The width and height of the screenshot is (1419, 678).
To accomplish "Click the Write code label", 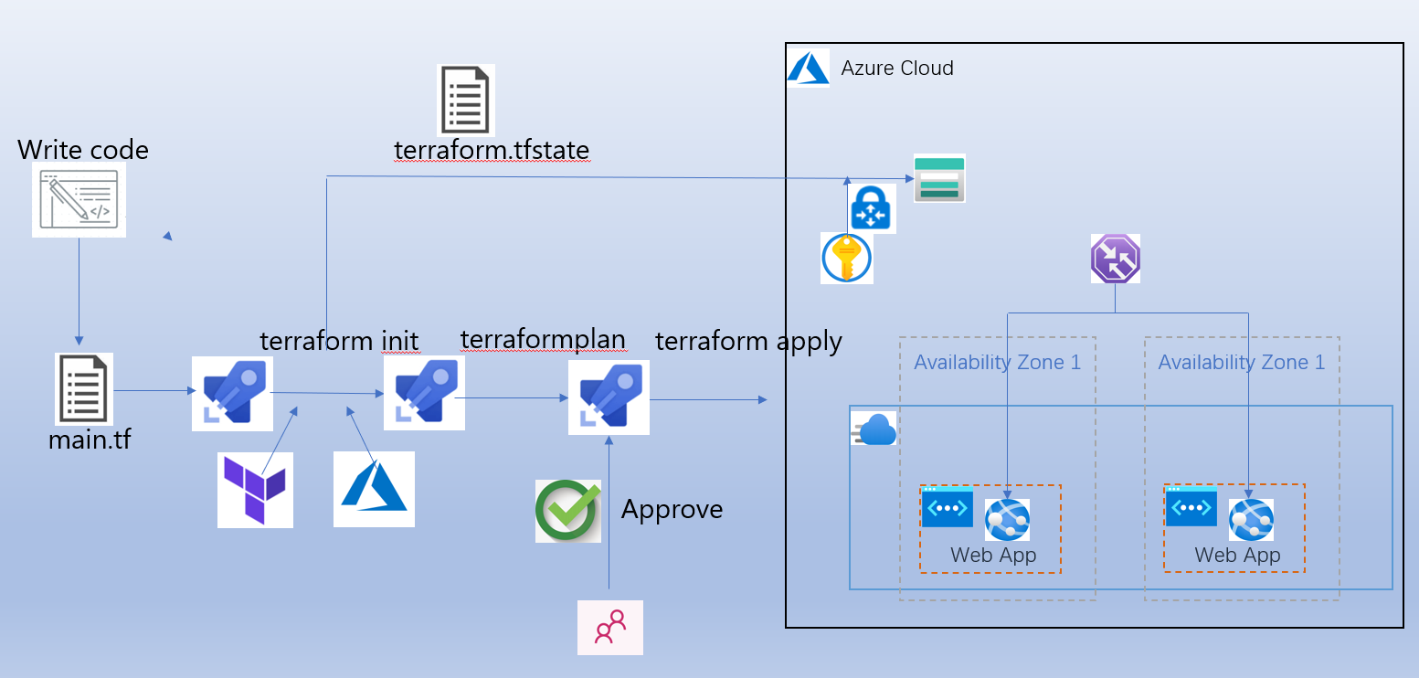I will pyautogui.click(x=83, y=150).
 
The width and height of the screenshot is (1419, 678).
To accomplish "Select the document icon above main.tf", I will pyautogui.click(x=83, y=388).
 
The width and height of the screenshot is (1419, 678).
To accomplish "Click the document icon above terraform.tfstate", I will pyautogui.click(x=465, y=100).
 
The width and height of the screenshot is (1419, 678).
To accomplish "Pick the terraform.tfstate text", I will pyautogui.click(x=492, y=150).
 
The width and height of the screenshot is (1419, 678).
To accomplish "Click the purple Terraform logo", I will pyautogui.click(x=255, y=490).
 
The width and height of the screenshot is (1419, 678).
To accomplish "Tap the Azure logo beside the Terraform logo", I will pyautogui.click(x=374, y=489).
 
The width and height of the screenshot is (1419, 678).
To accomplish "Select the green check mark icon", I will pyautogui.click(x=567, y=511).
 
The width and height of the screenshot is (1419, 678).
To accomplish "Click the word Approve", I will pyautogui.click(x=672, y=509).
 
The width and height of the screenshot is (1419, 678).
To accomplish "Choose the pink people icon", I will pyautogui.click(x=609, y=628).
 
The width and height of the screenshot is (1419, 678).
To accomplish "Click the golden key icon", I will pyautogui.click(x=847, y=259).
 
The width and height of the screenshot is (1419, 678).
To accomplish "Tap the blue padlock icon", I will pyautogui.click(x=873, y=209).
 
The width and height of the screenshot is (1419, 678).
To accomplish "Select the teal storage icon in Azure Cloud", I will pyautogui.click(x=939, y=178).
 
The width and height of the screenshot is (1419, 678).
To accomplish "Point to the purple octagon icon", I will pyautogui.click(x=1115, y=259).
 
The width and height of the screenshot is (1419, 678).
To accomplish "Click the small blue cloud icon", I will pyautogui.click(x=877, y=429).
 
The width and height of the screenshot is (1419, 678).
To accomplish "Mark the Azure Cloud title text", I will pyautogui.click(x=897, y=69).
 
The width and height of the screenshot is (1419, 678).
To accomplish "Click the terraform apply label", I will pyautogui.click(x=748, y=342).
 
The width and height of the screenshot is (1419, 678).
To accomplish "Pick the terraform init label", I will pyautogui.click(x=339, y=341).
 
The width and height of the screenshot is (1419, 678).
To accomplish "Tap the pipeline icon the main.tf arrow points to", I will pyautogui.click(x=232, y=394).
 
